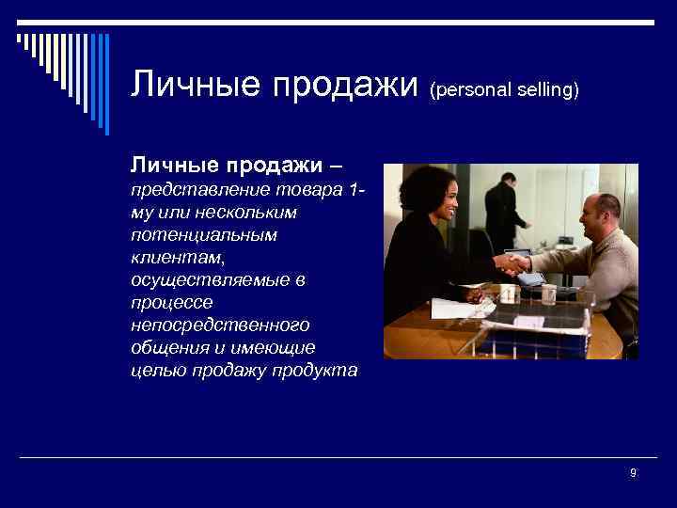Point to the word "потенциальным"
(204, 235)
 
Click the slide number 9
(633, 472)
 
